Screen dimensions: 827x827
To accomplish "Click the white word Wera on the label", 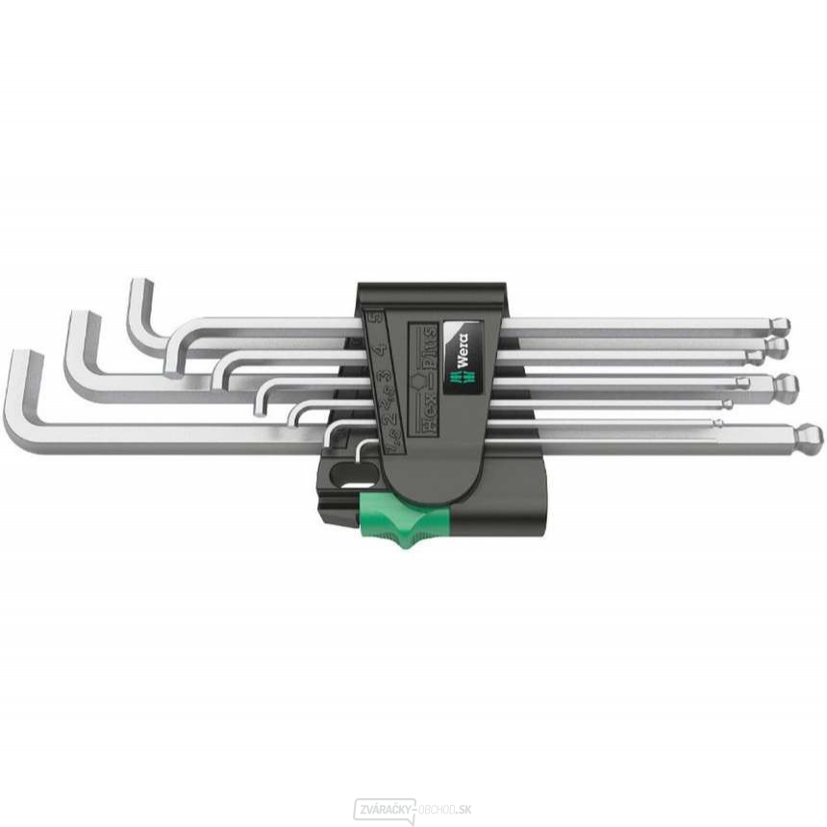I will point(460,349).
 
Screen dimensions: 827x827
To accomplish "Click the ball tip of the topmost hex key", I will point(781,325).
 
